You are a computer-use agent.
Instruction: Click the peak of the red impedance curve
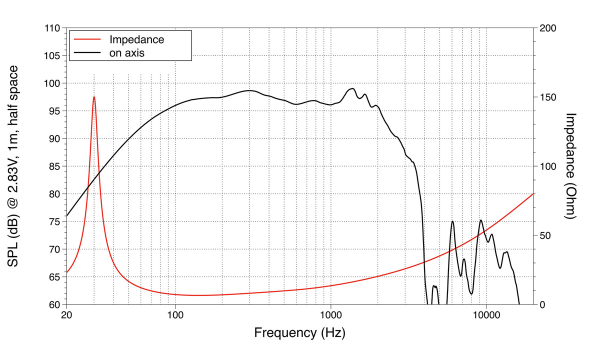94,97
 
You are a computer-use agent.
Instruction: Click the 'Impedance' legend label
136,39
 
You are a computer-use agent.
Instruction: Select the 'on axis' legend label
127,52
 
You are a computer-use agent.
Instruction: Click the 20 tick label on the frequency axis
66,315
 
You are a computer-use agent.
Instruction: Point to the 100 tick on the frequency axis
175,315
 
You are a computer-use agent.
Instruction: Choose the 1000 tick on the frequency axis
330,315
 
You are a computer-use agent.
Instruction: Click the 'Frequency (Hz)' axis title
299,332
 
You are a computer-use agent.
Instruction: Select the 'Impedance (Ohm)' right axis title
571,165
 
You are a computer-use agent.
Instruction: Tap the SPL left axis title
14,165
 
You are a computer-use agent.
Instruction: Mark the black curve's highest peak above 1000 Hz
352,88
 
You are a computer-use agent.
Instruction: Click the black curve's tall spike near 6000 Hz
452,221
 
